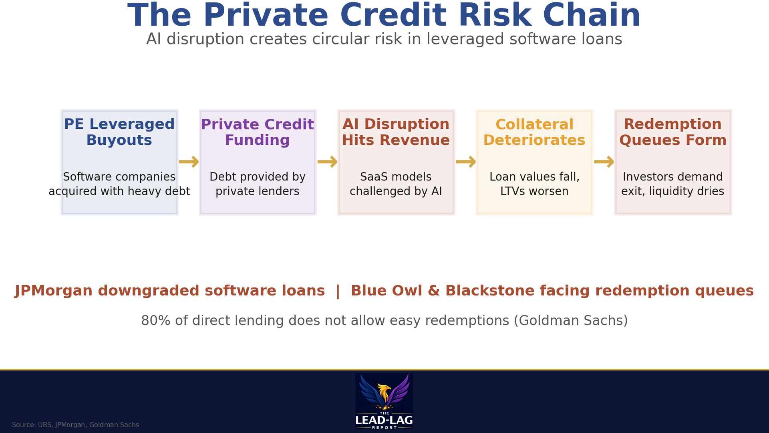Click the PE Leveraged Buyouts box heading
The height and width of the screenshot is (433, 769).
click(119, 132)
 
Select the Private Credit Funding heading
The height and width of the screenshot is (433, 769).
click(257, 132)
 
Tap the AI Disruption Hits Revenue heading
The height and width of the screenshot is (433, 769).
click(396, 132)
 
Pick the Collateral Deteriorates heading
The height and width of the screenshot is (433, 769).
click(534, 132)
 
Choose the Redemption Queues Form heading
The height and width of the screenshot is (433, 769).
click(672, 132)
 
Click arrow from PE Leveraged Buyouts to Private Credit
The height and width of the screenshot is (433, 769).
click(189, 162)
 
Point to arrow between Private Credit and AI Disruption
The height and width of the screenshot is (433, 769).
click(327, 162)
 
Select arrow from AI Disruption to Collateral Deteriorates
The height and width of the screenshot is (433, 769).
click(465, 162)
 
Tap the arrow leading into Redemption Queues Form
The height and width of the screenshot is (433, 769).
click(604, 162)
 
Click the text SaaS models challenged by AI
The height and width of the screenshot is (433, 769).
click(396, 184)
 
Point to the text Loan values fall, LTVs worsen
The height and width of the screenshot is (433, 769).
click(534, 184)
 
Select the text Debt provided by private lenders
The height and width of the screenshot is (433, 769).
click(257, 184)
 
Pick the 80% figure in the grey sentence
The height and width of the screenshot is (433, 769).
click(156, 321)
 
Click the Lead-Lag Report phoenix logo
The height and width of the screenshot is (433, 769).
click(384, 401)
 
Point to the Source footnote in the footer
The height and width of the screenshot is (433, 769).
click(75, 425)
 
